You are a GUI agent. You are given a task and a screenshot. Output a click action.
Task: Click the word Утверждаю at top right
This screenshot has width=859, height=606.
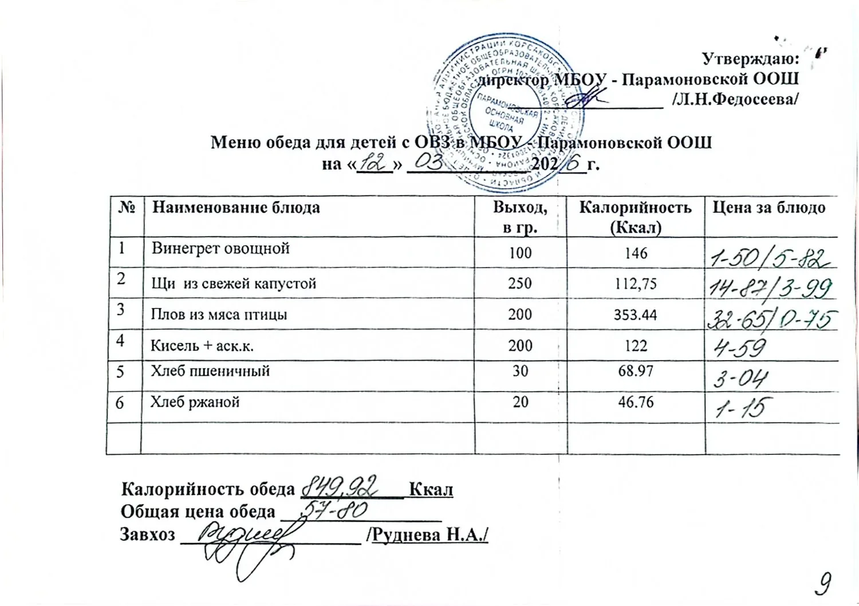click(750, 59)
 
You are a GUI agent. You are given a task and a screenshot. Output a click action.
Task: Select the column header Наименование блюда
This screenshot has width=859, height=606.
click(236, 207)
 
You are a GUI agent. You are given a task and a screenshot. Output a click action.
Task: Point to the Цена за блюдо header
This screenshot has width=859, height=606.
click(769, 207)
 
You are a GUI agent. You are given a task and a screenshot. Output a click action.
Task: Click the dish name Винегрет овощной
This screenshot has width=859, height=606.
click(220, 249)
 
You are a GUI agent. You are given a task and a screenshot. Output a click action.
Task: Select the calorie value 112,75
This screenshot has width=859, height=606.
click(636, 284)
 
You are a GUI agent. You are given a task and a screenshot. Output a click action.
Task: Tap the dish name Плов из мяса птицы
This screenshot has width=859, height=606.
click(219, 314)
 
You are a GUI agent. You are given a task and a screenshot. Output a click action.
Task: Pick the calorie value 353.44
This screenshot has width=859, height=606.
click(636, 314)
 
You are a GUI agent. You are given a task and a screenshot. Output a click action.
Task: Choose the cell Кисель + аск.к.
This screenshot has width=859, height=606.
click(202, 346)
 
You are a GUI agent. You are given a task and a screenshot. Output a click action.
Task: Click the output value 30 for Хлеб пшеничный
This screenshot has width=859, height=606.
click(520, 371)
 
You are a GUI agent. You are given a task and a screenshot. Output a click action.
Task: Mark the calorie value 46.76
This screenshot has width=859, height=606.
click(636, 402)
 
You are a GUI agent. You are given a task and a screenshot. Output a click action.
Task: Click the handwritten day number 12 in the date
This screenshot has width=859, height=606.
click(373, 164)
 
